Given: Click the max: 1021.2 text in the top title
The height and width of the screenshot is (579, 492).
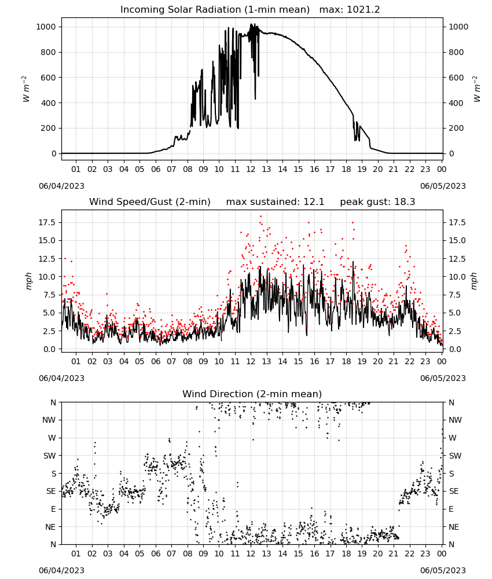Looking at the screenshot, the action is [350, 9].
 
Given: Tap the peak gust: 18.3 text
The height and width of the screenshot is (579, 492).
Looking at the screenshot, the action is [377, 201].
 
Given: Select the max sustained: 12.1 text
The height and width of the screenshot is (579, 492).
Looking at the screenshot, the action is [275, 201].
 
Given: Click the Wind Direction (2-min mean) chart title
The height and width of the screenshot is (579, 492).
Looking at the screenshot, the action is [252, 394].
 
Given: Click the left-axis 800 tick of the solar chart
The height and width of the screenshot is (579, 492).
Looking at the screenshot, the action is [48, 52].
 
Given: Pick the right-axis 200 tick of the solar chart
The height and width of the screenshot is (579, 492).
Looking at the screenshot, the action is [456, 128].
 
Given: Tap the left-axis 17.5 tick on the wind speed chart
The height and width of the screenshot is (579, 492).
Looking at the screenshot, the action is [46, 222].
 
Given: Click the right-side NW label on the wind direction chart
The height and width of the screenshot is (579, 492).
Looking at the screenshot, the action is [455, 420].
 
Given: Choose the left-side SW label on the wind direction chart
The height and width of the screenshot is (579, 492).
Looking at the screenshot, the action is [49, 456].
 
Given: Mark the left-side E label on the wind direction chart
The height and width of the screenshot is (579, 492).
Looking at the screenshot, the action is [53, 509].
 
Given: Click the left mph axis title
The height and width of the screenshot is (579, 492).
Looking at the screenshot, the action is [29, 281].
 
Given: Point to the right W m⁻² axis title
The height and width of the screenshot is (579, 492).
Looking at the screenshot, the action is [476, 89].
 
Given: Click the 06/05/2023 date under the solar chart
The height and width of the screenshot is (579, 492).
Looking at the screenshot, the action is [443, 186].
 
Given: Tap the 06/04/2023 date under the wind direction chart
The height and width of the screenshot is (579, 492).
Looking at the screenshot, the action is [61, 570].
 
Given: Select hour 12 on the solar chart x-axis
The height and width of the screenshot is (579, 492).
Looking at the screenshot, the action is [251, 169].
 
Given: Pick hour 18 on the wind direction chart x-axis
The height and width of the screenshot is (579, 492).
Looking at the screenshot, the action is [346, 554].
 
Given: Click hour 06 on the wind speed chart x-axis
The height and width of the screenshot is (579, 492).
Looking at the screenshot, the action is [155, 361].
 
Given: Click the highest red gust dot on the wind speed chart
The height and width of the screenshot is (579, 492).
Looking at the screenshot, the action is [260, 217].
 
